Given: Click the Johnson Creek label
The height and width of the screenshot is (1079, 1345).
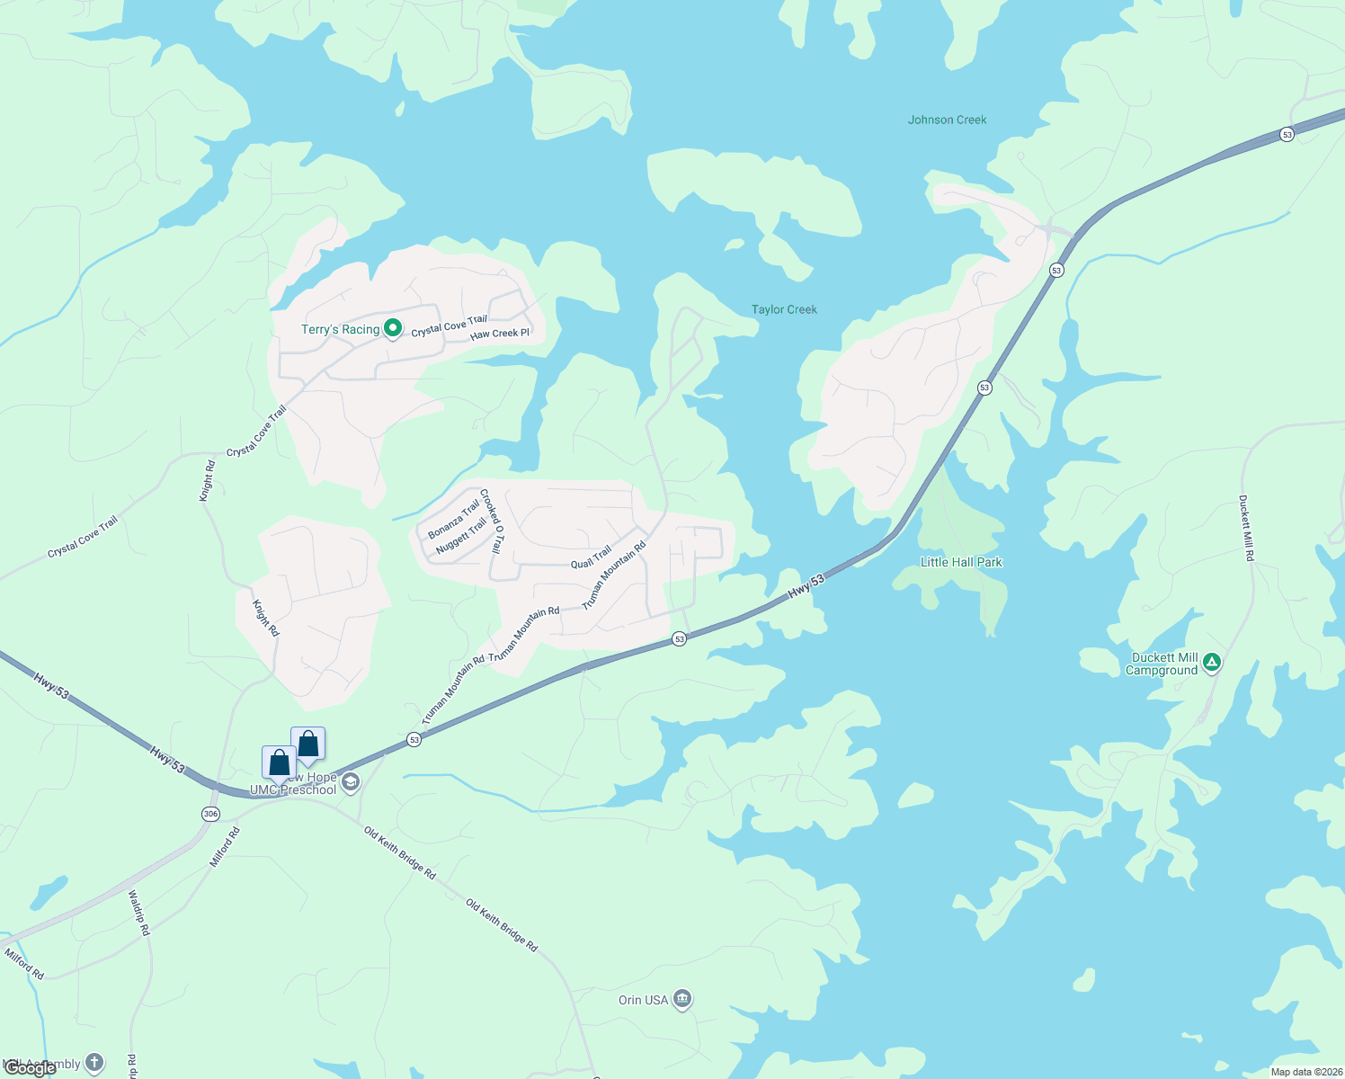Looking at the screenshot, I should pyautogui.click(x=947, y=120).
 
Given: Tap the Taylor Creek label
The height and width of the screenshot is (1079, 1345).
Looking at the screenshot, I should pyautogui.click(x=784, y=309).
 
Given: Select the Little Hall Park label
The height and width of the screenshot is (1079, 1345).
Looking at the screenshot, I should pyautogui.click(x=961, y=562).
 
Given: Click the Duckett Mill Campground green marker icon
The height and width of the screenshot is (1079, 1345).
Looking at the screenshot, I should pyautogui.click(x=1212, y=664).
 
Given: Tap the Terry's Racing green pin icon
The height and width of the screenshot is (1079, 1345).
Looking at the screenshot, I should pyautogui.click(x=393, y=329).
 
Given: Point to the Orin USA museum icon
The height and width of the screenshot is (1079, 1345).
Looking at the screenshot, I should pyautogui.click(x=682, y=1000).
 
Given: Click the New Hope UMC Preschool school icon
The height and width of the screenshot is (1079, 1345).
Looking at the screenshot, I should pyautogui.click(x=352, y=782).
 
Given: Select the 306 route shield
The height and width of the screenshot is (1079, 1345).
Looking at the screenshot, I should pyautogui.click(x=210, y=814).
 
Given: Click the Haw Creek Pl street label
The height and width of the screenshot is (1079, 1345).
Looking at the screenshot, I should pyautogui.click(x=500, y=334).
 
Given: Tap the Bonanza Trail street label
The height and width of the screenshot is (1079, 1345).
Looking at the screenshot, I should pyautogui.click(x=454, y=521).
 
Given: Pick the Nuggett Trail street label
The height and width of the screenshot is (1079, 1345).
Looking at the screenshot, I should pyautogui.click(x=460, y=536).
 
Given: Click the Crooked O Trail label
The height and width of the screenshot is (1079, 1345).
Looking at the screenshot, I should pyautogui.click(x=491, y=521).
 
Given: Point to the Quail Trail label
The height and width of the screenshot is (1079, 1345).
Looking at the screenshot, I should pyautogui.click(x=591, y=557).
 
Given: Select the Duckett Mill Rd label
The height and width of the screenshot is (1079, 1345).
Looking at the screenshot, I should pyautogui.click(x=1246, y=528).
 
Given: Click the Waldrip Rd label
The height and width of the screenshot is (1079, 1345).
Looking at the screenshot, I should pyautogui.click(x=138, y=913).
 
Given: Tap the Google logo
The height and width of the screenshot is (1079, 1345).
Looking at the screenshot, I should pyautogui.click(x=31, y=1068).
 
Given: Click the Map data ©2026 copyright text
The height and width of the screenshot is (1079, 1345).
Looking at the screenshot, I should pyautogui.click(x=1306, y=1072).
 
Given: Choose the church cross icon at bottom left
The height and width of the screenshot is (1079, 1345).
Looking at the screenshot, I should pyautogui.click(x=94, y=1064).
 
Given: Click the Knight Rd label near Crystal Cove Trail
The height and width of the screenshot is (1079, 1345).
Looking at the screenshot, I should pyautogui.click(x=208, y=480).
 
